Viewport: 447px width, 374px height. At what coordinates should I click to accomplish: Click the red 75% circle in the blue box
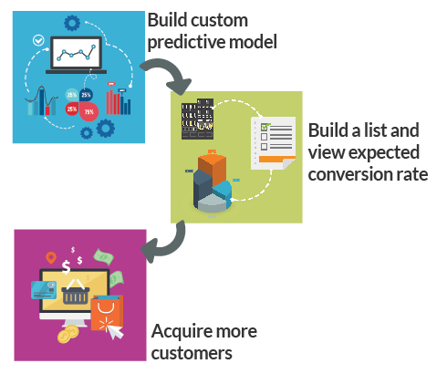(88, 111)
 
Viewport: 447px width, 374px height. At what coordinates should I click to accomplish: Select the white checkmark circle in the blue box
(37, 41)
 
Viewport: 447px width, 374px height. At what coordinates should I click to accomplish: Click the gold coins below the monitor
(66, 337)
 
